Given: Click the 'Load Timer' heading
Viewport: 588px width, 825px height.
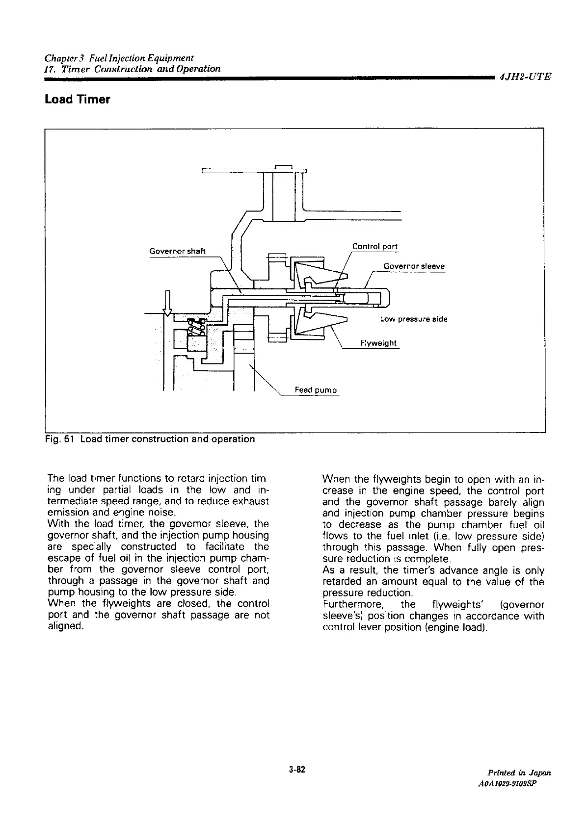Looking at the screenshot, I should click(x=77, y=100).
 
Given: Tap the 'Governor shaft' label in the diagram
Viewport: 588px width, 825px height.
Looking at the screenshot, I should click(x=177, y=252).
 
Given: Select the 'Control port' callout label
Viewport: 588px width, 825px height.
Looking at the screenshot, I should click(x=375, y=246).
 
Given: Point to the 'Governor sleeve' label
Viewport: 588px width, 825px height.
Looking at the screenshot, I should click(x=414, y=266).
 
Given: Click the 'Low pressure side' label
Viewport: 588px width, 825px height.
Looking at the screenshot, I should click(x=414, y=319).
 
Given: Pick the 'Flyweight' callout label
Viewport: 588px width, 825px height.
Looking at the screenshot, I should click(x=378, y=343).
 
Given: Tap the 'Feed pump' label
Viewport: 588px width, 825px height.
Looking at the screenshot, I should click(x=316, y=390).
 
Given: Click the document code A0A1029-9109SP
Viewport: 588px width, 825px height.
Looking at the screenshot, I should click(x=514, y=784).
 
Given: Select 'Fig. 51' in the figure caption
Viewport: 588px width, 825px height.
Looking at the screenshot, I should click(x=60, y=439).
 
